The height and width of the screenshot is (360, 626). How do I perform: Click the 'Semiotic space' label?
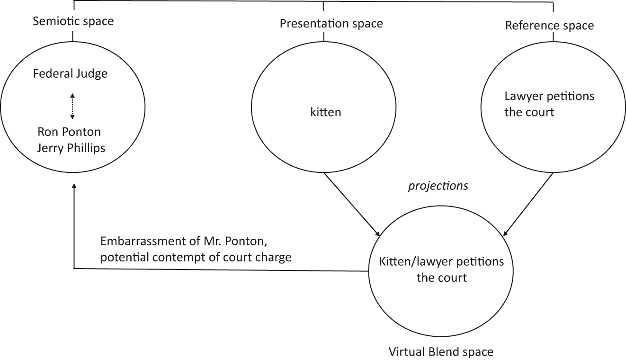point(73,21)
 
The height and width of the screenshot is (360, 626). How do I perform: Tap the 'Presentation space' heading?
point(331,23)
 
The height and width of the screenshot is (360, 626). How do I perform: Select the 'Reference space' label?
point(549,25)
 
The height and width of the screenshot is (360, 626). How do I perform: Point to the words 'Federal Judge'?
point(71,74)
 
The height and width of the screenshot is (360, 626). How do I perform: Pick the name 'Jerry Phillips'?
point(71,148)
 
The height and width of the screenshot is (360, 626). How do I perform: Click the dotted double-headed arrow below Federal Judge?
point(72,106)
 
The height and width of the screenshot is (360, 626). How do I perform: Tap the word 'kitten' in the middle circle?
point(325,112)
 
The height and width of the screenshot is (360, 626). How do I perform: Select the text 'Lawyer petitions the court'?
point(550,104)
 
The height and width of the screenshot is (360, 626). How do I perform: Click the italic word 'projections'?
point(438,186)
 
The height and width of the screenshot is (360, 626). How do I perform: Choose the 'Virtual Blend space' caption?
point(441,352)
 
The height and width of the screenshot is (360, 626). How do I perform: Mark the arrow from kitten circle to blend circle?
point(352,204)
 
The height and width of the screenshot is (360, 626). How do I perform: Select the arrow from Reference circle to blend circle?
point(528,204)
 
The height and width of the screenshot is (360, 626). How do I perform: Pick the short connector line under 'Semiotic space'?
point(73,36)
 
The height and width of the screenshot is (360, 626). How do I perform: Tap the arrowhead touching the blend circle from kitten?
point(377,234)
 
